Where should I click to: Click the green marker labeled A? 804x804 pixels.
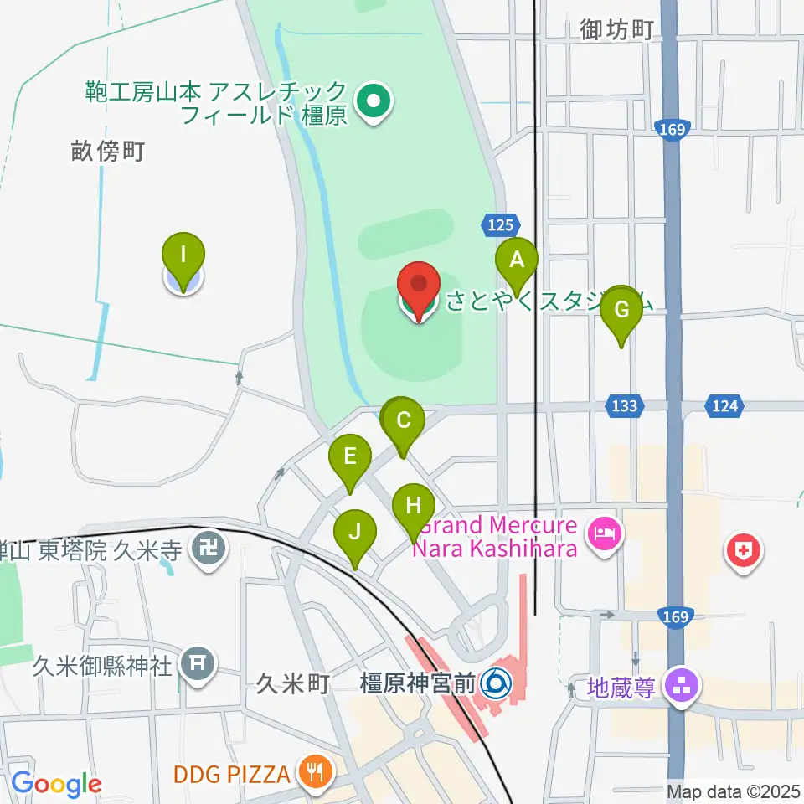click(517, 260)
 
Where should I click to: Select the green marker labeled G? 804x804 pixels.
click(621, 310)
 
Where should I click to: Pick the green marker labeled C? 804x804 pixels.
click(404, 420)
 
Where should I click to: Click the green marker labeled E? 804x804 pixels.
click(350, 456)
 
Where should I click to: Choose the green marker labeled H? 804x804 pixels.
click(414, 506)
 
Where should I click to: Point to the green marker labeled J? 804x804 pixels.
click(355, 532)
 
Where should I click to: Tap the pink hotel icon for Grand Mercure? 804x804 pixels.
click(603, 532)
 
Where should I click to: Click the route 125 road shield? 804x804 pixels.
click(497, 224)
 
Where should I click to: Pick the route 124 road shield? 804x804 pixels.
click(725, 406)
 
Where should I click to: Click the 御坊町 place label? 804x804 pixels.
click(616, 30)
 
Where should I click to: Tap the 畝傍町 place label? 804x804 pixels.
click(108, 152)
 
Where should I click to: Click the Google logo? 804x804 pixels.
click(55, 784)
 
